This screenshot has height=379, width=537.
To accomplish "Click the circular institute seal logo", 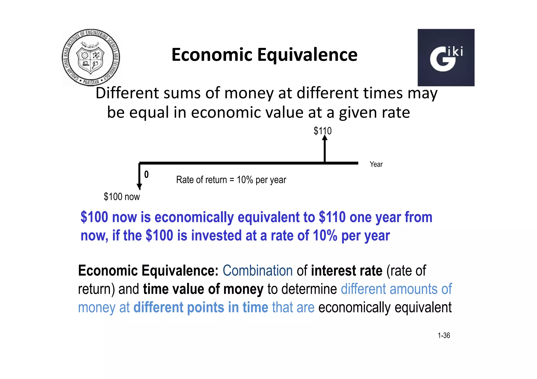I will pyautogui.click(x=91, y=58).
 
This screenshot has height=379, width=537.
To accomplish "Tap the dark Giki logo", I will pyautogui.click(x=446, y=58).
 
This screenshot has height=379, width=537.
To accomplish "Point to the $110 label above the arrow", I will pyautogui.click(x=323, y=131).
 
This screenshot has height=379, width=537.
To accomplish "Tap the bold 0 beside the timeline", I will pyautogui.click(x=146, y=175).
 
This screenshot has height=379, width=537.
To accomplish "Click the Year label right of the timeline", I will pyautogui.click(x=376, y=164).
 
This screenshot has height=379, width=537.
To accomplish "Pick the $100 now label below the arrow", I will pyautogui.click(x=122, y=197).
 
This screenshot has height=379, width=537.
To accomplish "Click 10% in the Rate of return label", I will pyautogui.click(x=245, y=180).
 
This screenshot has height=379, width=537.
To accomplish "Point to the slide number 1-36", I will pyautogui.click(x=444, y=335).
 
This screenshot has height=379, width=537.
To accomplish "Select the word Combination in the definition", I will pyautogui.click(x=257, y=271).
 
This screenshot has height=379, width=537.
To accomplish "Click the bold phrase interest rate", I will pyautogui.click(x=347, y=271).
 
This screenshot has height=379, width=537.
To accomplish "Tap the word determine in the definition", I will pyautogui.click(x=302, y=289).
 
